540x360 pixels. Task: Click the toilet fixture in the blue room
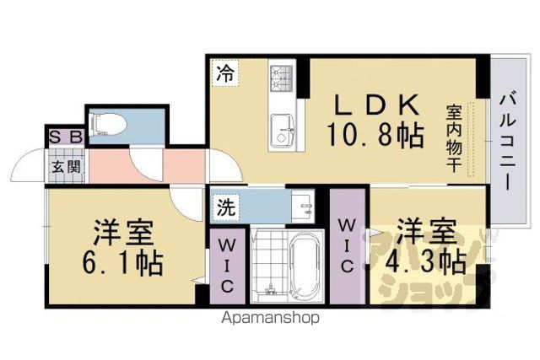coord(107,125)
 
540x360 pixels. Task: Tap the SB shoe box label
coord(67,137)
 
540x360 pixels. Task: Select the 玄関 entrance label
coord(66,167)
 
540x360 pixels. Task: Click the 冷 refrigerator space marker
coord(225,74)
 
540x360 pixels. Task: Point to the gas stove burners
coord(282,78)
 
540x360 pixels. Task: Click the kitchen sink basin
coord(282,131)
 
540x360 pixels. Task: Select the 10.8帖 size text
coord(375,135)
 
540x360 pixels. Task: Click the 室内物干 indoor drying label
coord(454,139)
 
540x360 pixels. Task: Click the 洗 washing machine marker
coord(226,207)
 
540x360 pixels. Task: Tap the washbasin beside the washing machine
coord(303,206)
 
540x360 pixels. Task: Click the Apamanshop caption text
coord(270,318)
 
